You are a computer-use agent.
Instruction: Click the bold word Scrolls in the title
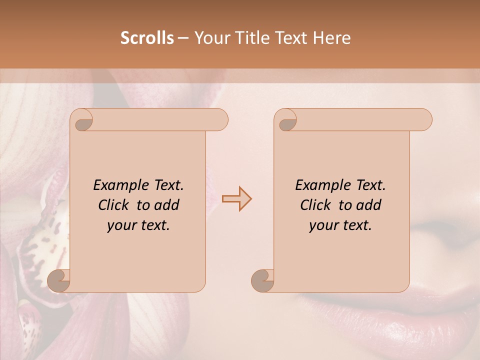pyautogui.click(x=147, y=38)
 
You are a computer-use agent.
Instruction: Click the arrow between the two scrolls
pyautogui.click(x=237, y=199)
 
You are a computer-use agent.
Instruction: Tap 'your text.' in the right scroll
pyautogui.click(x=340, y=225)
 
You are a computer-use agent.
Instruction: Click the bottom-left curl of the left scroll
pyautogui.click(x=58, y=280)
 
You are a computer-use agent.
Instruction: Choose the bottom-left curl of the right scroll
pyautogui.click(x=262, y=280)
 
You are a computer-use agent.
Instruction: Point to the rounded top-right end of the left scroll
pyautogui.click(x=220, y=119)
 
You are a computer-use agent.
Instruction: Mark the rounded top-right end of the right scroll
pyautogui.click(x=424, y=119)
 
